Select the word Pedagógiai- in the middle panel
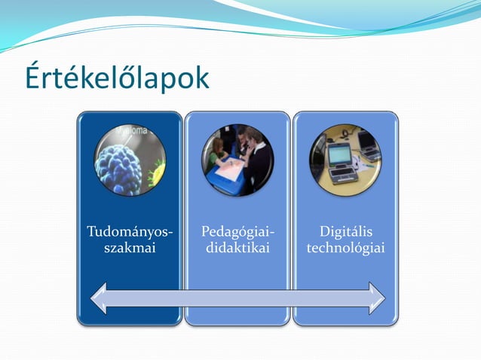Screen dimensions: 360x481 tap(237, 232)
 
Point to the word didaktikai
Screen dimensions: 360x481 tap(237, 248)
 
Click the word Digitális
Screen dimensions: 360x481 tap(345, 232)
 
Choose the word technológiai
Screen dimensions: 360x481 tap(345, 248)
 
